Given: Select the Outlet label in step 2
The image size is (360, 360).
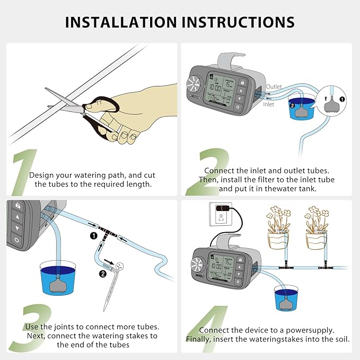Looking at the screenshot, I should (x=274, y=86).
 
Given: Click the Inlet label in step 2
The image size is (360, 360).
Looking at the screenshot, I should (x=269, y=104).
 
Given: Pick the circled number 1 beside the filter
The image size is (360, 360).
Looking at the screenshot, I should (x=341, y=99).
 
